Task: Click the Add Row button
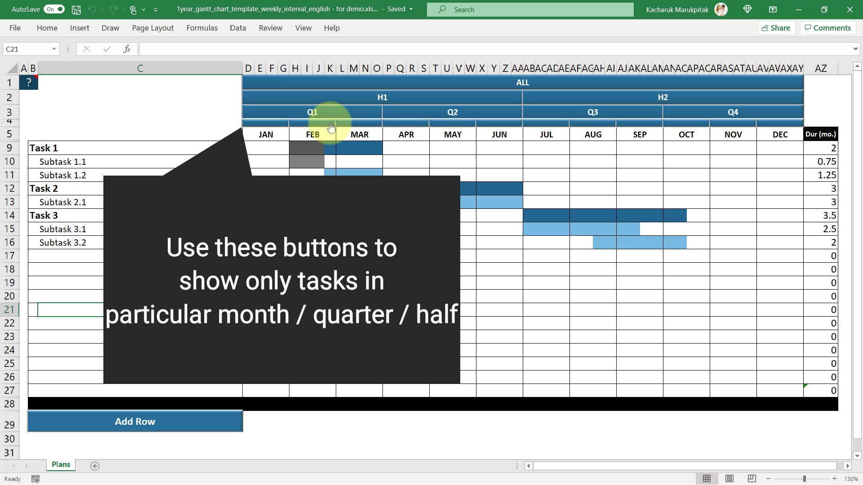[x=135, y=421]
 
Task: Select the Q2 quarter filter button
[x=452, y=112]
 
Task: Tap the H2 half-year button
[x=663, y=97]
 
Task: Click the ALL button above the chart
[x=522, y=83]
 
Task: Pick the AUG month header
[x=593, y=135]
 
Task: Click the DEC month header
[x=780, y=135]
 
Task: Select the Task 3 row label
[x=44, y=216]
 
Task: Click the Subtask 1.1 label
[x=62, y=162]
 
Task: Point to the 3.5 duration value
[x=829, y=216]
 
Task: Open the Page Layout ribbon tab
[x=153, y=28]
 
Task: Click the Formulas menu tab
[x=202, y=28]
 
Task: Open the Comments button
[x=827, y=28]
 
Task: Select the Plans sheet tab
[x=61, y=465]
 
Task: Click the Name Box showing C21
[x=31, y=49]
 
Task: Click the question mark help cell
[x=29, y=83]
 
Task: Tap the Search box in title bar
[x=530, y=9]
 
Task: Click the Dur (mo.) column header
[x=821, y=134]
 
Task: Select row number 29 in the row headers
[x=9, y=425]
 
